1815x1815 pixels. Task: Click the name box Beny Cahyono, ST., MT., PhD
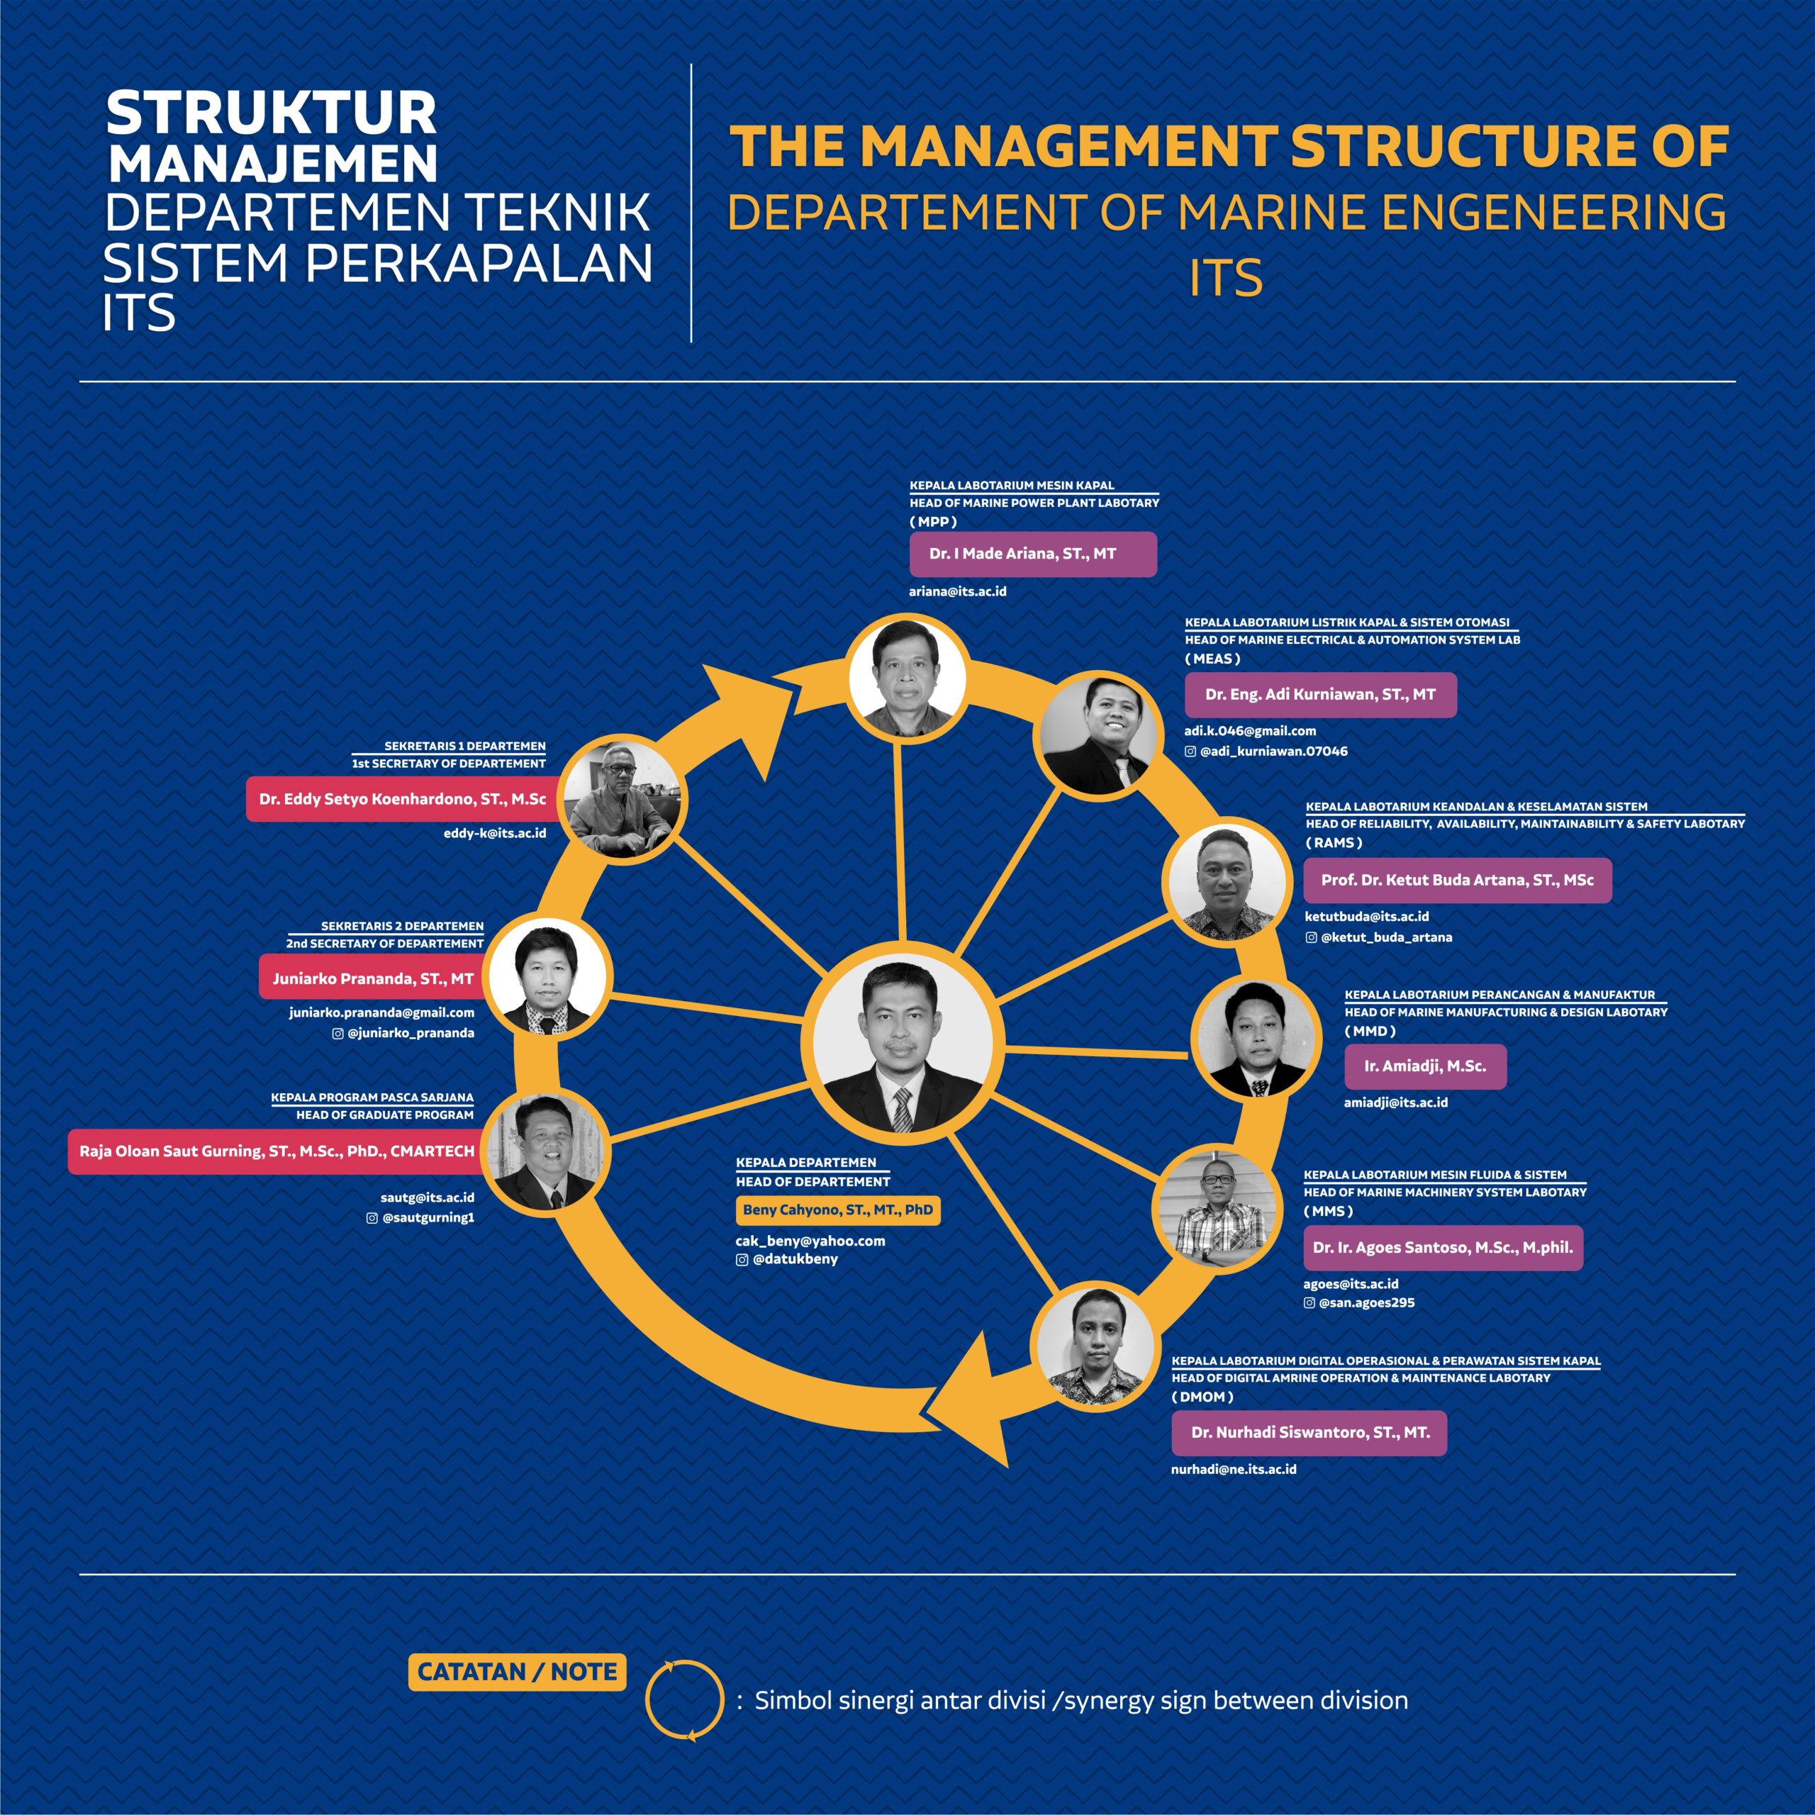[x=837, y=1210]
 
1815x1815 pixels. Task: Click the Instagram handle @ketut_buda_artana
[x=1385, y=937]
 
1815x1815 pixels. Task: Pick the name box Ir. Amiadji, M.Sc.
[x=1425, y=1066]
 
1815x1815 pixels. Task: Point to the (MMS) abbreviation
[x=1329, y=1212]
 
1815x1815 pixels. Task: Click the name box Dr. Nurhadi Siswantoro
[x=1309, y=1433]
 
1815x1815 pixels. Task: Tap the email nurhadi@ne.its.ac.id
[x=1234, y=1469]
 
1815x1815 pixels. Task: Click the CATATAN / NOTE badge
[x=517, y=1671]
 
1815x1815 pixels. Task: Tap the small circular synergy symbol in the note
[x=684, y=1699]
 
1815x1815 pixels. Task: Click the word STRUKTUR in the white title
[x=271, y=113]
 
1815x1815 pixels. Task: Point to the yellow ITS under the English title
[x=1226, y=278]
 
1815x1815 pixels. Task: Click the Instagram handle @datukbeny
[x=795, y=1259]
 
